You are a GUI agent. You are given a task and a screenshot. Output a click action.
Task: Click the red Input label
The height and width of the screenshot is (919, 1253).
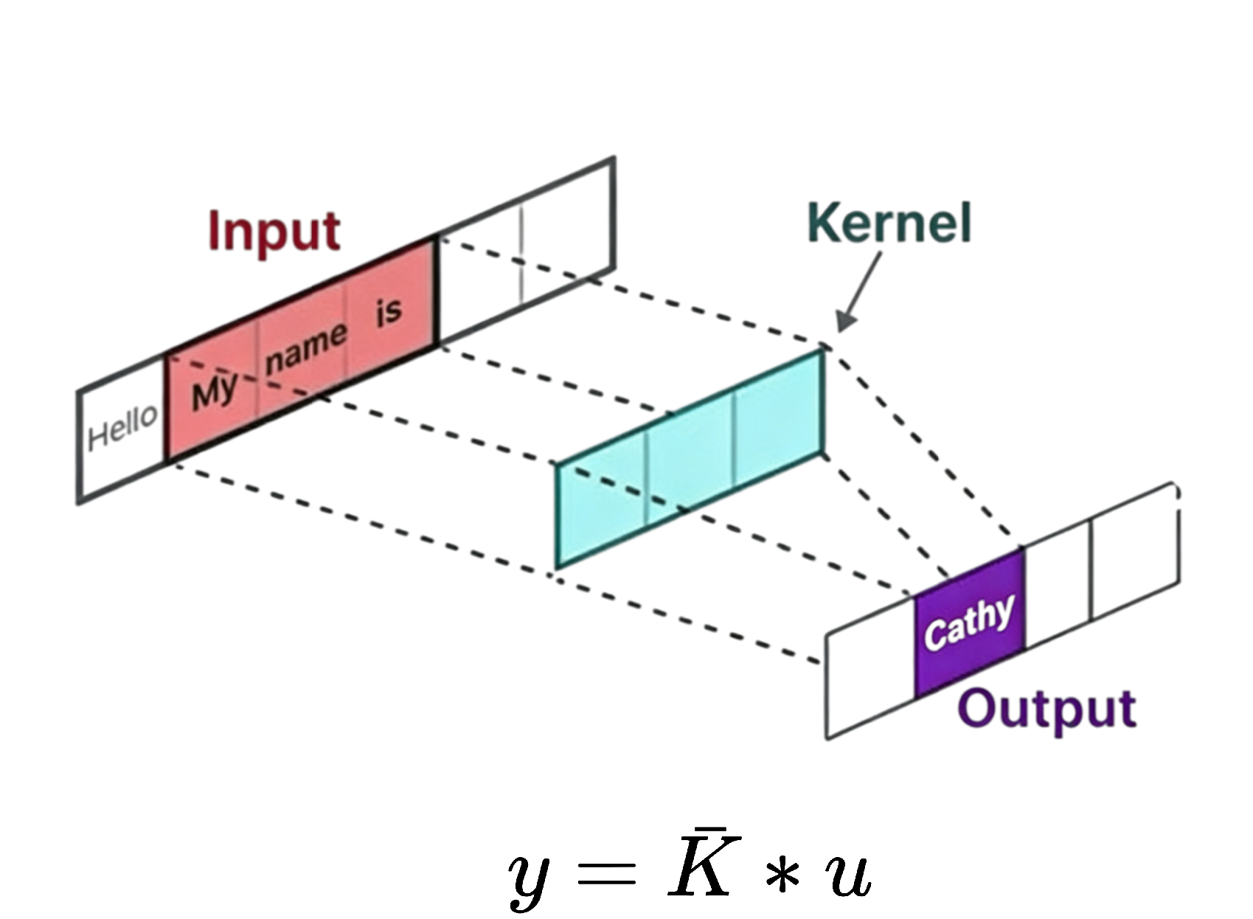pos(274,230)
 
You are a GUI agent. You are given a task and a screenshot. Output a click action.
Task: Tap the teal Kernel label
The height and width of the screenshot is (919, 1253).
pos(890,223)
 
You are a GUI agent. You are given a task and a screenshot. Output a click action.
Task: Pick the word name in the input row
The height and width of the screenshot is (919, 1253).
pos(306,347)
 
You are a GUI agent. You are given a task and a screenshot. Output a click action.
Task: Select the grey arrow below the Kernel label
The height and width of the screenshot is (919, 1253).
pos(861,291)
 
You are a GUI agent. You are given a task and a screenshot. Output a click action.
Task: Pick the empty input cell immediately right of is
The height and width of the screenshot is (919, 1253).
pos(479,277)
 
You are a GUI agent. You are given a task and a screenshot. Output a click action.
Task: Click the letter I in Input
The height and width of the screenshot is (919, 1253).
pos(215,230)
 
